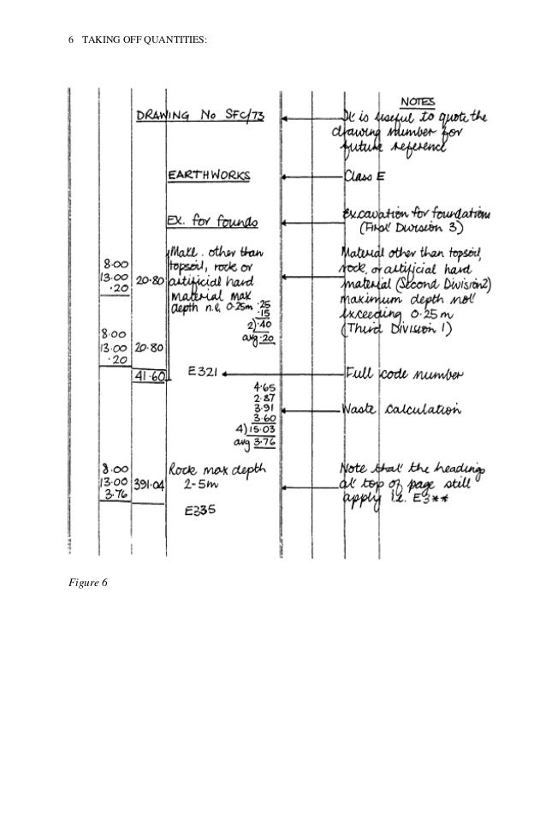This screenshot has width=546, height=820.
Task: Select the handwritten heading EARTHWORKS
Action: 209,176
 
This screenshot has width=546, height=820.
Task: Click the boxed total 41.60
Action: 148,375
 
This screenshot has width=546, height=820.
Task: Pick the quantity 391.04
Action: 147,483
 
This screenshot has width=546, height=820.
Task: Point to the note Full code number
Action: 405,374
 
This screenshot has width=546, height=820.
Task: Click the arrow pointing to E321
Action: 282,374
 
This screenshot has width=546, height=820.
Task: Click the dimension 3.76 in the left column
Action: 115,494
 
